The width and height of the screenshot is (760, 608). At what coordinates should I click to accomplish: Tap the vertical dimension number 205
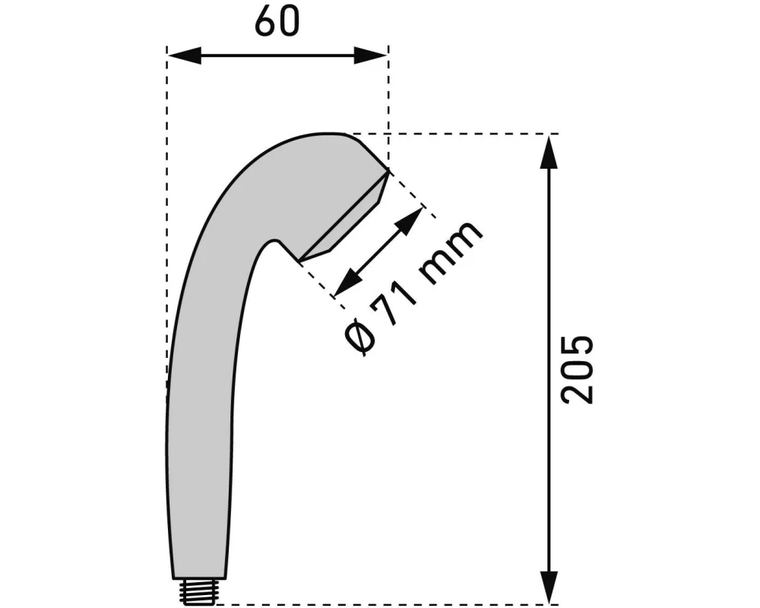[x=577, y=369]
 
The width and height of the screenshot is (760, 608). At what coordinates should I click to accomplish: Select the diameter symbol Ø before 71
[x=361, y=337]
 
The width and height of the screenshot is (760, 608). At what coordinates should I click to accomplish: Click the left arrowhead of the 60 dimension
[x=184, y=55]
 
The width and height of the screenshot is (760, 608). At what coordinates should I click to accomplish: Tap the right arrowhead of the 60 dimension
[x=371, y=55]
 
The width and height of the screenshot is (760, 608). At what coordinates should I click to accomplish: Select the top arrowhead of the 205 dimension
[x=549, y=152]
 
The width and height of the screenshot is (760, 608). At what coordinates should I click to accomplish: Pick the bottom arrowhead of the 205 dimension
[x=549, y=587]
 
